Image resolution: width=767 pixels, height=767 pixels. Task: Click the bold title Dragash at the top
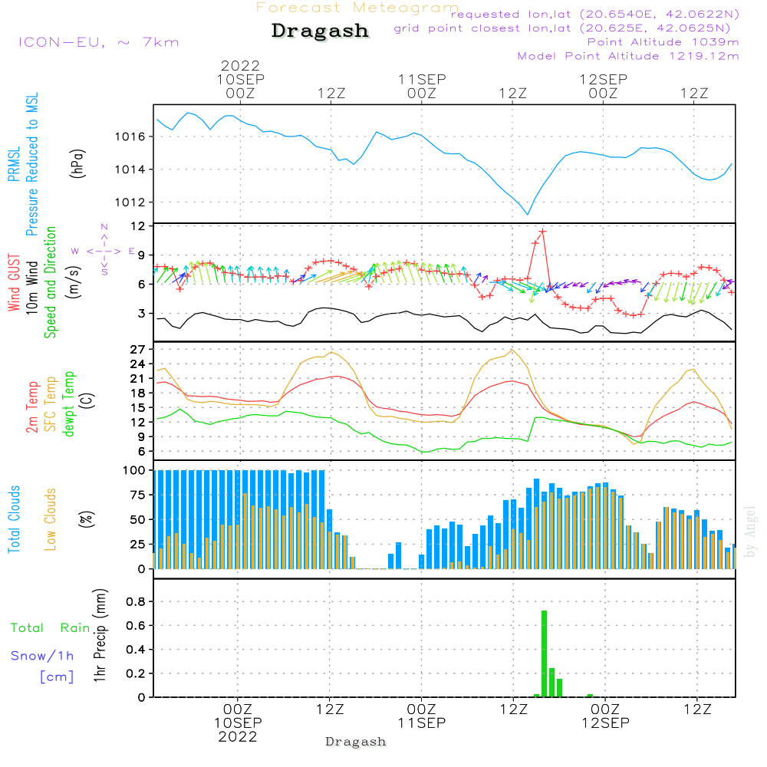pos(320,31)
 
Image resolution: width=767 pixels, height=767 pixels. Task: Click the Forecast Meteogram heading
pos(357,8)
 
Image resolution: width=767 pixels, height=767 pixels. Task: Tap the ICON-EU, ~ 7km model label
pos(98,42)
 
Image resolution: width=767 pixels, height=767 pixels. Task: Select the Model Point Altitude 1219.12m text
pos(628,56)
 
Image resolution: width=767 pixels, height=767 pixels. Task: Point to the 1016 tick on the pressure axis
pos(134,137)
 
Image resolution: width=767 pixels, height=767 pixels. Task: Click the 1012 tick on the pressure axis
pos(134,202)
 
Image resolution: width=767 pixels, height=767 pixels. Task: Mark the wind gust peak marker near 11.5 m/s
pos(542,231)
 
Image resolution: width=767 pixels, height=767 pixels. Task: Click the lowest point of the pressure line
pos(527,214)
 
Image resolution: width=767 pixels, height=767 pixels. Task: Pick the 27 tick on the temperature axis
pos(138,349)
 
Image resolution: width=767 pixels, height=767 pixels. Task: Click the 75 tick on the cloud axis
pos(138,495)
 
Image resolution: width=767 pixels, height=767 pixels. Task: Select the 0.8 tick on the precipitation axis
pos(137,602)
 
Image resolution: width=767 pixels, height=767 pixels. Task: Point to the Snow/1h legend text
pos(43,656)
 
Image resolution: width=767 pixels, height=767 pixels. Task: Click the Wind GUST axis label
pos(15,283)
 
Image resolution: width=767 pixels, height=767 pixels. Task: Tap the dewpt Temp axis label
pos(69,404)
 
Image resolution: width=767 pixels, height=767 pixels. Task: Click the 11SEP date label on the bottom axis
pos(422,723)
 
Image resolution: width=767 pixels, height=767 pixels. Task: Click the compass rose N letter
pos(104,226)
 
